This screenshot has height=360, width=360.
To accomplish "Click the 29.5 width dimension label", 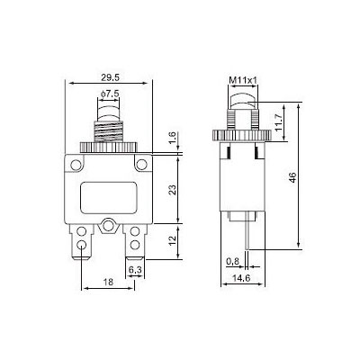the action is click(110, 77).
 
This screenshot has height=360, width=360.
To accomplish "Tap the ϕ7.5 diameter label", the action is click(110, 94).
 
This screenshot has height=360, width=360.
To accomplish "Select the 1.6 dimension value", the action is click(173, 137).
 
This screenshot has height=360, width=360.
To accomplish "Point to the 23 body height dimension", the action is click(173, 190).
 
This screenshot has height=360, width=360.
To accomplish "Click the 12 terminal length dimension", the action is click(173, 240).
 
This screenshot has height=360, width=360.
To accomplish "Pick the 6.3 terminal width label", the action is click(135, 270).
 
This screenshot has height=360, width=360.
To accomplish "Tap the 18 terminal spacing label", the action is click(108, 282).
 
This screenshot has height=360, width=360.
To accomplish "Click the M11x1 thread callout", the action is click(243, 80).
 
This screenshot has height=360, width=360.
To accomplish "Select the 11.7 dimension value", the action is click(279, 122).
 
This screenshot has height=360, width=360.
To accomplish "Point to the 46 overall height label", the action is click(292, 177).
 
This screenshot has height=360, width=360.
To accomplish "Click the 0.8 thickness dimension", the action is click(232, 262).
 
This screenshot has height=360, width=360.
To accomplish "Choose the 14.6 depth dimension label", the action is click(242, 278).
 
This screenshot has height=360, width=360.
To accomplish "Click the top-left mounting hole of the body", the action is click(76, 165).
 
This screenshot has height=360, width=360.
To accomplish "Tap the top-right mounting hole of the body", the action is click(141, 165).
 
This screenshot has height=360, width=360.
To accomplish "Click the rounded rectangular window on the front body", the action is click(109, 198).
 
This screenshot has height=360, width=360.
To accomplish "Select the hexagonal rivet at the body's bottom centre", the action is click(108, 226).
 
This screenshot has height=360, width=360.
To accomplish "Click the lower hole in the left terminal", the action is click(81, 245).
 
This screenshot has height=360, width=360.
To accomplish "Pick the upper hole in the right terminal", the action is click(135, 231).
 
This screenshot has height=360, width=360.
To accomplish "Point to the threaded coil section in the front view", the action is click(109, 131).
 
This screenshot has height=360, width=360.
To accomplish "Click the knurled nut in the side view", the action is click(242, 135).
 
